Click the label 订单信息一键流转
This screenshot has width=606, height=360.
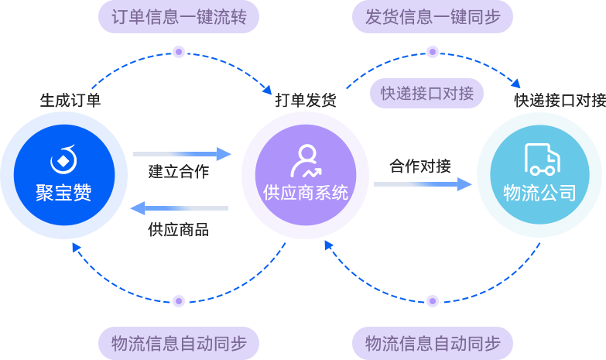point(179,17)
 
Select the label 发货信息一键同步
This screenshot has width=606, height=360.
point(433,17)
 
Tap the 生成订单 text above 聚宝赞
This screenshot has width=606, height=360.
point(70,101)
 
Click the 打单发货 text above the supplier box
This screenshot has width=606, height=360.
point(306,101)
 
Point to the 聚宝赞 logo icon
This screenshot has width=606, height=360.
point(63,159)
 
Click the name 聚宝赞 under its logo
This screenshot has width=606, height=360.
point(63,193)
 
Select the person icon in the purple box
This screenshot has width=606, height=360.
point(305,161)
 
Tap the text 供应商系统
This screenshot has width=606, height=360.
point(306,193)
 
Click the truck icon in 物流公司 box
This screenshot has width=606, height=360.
point(541,159)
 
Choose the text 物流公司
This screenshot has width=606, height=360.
point(540,193)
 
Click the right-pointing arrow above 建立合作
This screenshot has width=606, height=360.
point(183,154)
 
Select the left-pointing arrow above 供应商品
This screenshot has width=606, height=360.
point(179,208)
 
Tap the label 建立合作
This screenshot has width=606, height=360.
point(179,172)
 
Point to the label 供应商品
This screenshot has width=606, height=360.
point(179,230)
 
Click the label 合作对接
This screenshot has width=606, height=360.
point(419,166)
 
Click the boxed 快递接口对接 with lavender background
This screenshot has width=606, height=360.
point(426,94)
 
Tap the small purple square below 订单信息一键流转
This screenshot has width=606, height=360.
point(179,51)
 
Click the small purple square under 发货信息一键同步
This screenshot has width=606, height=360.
point(433,51)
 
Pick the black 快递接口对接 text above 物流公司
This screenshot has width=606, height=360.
point(560,101)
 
